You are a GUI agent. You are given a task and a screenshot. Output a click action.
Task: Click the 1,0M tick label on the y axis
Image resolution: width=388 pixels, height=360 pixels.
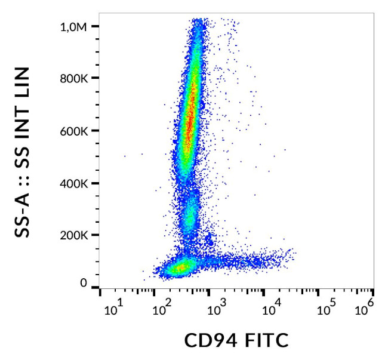click(x=75, y=27)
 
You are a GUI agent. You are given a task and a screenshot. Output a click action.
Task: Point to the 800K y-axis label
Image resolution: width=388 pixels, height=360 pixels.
click(x=76, y=79)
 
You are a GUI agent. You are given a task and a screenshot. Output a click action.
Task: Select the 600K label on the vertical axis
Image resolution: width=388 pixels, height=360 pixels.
click(x=76, y=131)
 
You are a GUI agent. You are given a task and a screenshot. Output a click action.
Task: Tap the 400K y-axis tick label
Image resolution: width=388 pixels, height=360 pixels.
click(x=76, y=183)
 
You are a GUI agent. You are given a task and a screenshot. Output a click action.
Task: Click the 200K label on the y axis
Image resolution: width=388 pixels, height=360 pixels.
click(x=76, y=235)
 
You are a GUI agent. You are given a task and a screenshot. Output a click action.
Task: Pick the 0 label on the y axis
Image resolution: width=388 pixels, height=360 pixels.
click(x=85, y=283)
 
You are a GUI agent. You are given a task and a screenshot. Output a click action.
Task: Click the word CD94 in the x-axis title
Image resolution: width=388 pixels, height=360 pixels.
click(x=209, y=341)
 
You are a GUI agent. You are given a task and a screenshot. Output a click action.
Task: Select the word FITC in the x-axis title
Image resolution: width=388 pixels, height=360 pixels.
click(x=263, y=341)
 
